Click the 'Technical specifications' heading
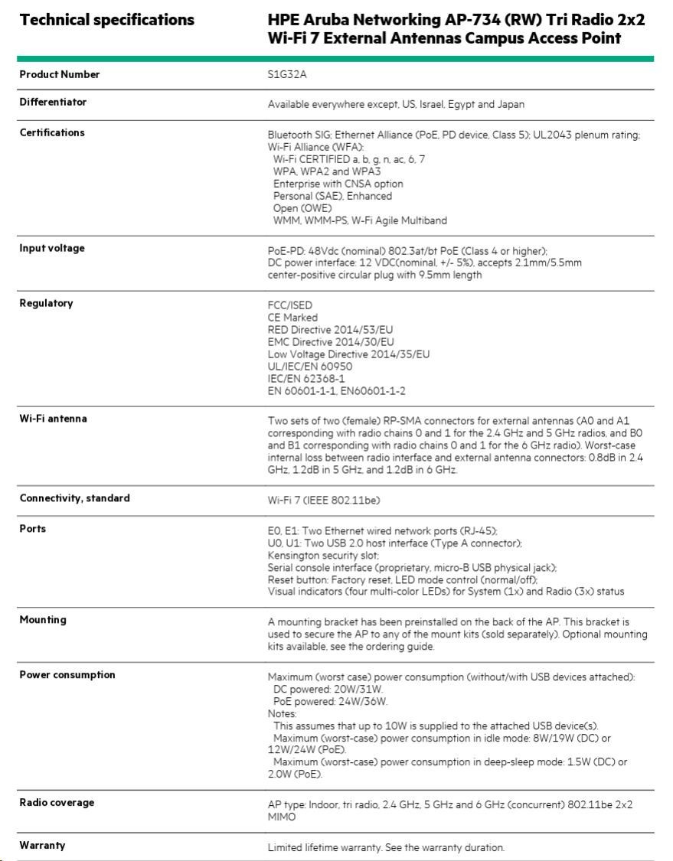[106, 20]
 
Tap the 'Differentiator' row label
[53, 103]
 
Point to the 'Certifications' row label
[52, 133]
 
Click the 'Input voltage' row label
[52, 249]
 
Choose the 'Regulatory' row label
[46, 304]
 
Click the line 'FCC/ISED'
[290, 305]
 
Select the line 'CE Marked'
[292, 318]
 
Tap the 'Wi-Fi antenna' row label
[53, 419]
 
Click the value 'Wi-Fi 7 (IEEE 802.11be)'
[324, 501]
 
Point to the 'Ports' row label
[33, 529]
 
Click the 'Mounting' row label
[43, 620]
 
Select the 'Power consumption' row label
[67, 675]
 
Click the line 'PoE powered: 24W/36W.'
[330, 701]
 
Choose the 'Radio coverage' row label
[57, 803]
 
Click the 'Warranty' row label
[42, 846]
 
